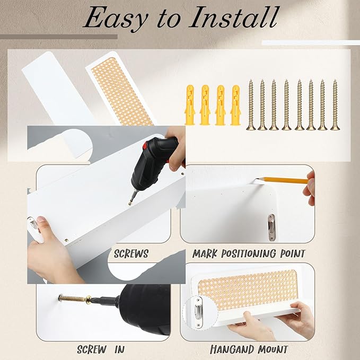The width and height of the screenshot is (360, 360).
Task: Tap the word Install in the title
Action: [x=235, y=17]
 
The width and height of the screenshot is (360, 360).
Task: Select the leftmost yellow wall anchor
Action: [x=190, y=105]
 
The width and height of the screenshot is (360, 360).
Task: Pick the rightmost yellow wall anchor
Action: [x=235, y=105]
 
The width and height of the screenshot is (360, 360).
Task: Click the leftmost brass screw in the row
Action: [x=251, y=105]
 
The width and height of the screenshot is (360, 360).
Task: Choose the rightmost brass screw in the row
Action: [x=335, y=105]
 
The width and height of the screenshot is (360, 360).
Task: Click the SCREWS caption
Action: [x=131, y=254]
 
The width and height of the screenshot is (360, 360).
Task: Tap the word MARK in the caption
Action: [x=205, y=254]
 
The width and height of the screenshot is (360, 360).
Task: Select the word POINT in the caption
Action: [x=293, y=253]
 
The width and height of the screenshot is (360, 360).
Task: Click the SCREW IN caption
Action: [x=101, y=349]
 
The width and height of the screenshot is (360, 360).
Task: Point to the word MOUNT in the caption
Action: [x=273, y=349]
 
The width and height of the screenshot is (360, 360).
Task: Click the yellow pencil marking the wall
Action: [x=282, y=180]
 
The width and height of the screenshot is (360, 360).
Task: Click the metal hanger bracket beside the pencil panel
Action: [x=272, y=227]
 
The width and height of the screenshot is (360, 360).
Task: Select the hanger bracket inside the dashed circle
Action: [x=198, y=312]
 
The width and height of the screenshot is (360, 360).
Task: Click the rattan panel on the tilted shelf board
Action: [x=122, y=91]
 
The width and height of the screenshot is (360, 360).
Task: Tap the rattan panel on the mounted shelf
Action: [x=248, y=289]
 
